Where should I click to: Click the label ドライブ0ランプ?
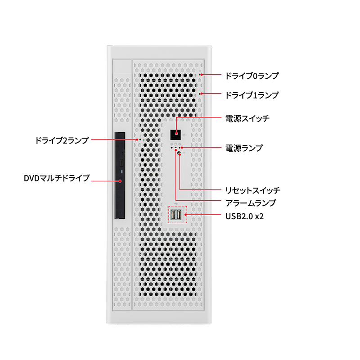(x=252, y=76)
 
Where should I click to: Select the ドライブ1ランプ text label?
(x=252, y=95)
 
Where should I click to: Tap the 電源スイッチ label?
(x=247, y=118)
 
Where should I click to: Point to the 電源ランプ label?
(x=244, y=148)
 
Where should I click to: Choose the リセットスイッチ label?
(x=253, y=190)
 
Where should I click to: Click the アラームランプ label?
(x=251, y=203)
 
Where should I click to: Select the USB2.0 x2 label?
(x=244, y=216)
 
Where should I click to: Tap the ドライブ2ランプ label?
(x=62, y=140)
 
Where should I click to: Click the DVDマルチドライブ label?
(x=57, y=178)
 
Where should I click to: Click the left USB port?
(x=173, y=215)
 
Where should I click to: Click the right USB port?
(x=179, y=215)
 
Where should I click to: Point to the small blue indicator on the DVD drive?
(x=121, y=171)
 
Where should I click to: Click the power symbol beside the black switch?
(x=184, y=135)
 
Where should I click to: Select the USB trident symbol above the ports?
(x=176, y=203)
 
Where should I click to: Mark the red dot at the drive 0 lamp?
(x=202, y=75)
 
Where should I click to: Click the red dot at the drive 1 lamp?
(x=202, y=94)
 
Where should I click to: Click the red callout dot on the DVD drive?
(x=120, y=181)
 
